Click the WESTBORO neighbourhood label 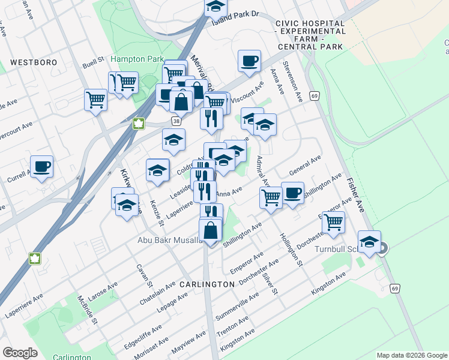[34, 62]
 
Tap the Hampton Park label [137, 59]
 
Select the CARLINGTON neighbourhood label [206, 284]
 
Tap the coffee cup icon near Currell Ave [41, 167]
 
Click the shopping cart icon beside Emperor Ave [333, 222]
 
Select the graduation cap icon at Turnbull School [370, 242]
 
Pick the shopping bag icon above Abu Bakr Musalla [211, 230]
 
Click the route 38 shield [176, 121]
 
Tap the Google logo [20, 353]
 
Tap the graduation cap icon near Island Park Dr [215, 7]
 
